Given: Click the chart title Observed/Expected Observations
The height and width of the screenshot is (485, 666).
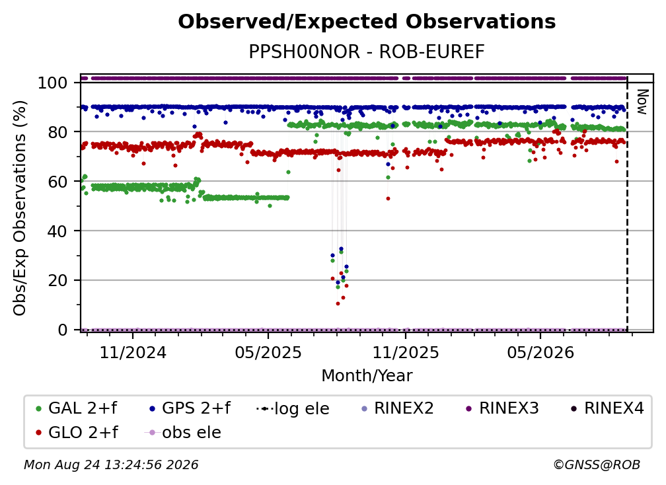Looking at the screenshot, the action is click(x=367, y=22).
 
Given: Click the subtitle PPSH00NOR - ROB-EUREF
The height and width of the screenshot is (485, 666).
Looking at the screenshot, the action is click(x=367, y=52).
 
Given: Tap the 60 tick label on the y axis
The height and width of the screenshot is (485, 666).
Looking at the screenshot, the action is click(x=57, y=181).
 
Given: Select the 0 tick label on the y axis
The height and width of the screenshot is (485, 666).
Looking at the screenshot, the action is click(x=63, y=330).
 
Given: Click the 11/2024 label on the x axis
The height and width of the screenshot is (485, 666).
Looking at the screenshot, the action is click(x=133, y=352).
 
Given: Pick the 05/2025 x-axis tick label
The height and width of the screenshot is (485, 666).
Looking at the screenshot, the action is click(x=268, y=352).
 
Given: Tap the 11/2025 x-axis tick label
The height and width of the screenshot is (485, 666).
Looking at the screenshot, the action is click(x=406, y=352).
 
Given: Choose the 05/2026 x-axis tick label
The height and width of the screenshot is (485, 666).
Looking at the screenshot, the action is click(x=540, y=352).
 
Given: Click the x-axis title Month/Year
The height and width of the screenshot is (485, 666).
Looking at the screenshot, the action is click(x=367, y=376).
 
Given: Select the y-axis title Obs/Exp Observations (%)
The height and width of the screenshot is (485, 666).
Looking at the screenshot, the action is click(x=20, y=208).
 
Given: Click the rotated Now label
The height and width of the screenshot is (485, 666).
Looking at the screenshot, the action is click(x=642, y=102).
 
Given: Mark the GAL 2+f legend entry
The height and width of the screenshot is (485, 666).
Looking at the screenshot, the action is click(x=77, y=408).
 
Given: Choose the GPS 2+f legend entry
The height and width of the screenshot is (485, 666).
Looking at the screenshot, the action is click(x=190, y=408).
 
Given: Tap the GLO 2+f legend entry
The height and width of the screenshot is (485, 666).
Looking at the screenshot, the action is click(x=77, y=432).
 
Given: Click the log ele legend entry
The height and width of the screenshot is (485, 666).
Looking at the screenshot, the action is click(x=293, y=408).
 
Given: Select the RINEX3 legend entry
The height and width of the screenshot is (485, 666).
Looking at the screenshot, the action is click(x=502, y=408).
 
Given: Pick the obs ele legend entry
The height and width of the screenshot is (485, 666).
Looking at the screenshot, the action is click(x=182, y=432).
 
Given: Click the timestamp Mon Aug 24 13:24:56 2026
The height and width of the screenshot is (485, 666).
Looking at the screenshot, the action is click(x=111, y=465).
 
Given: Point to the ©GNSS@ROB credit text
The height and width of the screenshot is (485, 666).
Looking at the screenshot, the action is click(x=597, y=465).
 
